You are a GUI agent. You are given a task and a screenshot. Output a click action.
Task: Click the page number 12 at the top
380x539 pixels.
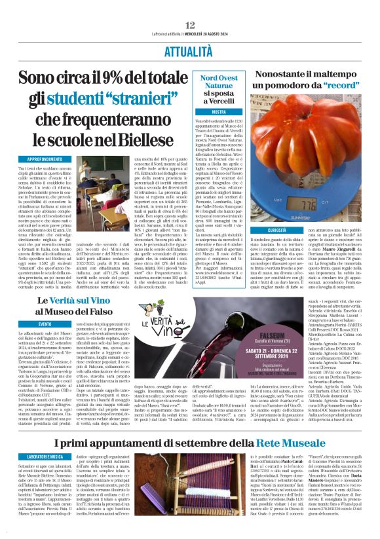click(190, 6)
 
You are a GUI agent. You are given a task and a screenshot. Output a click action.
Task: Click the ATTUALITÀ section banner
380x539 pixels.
click(190, 31)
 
